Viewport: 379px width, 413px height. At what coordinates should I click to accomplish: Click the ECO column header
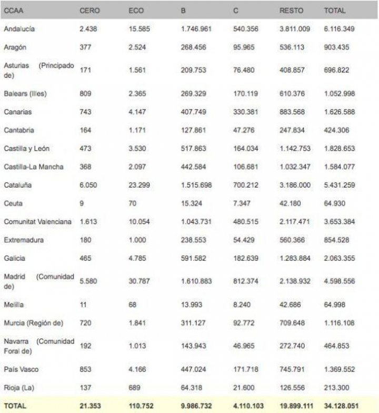click(x=136, y=11)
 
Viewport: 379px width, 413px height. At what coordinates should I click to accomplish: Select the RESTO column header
click(x=291, y=11)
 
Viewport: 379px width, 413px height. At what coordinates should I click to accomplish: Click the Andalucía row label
click(x=20, y=28)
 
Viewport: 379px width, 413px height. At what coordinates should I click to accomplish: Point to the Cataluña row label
click(x=18, y=185)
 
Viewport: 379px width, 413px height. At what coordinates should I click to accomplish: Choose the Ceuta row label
click(x=13, y=203)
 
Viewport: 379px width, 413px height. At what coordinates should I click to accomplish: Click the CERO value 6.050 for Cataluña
click(x=88, y=185)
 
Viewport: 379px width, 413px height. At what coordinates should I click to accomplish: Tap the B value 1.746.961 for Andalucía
click(x=196, y=28)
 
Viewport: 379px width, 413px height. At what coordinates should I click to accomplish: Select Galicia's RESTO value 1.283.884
click(x=295, y=258)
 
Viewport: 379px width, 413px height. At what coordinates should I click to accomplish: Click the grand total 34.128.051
click(x=342, y=406)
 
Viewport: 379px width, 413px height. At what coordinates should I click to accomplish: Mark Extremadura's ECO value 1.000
click(x=137, y=240)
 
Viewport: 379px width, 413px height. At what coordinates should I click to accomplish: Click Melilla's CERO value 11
click(x=83, y=304)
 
